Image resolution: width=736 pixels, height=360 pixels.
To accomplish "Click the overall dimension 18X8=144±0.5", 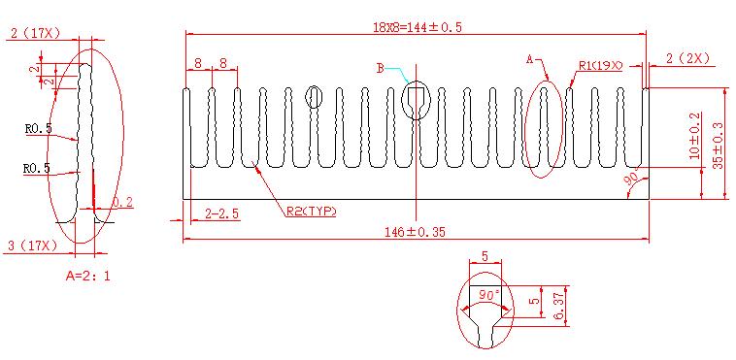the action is [x=418, y=27].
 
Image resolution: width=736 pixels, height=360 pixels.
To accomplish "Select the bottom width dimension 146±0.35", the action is [x=415, y=231].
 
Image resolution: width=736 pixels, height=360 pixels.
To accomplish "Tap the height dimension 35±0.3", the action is [x=719, y=147].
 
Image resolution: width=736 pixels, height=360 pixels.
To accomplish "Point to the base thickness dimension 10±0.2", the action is [x=694, y=136].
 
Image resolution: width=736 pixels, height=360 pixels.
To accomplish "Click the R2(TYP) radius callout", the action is [x=312, y=212].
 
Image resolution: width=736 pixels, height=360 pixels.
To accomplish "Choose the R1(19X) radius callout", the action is [x=600, y=66].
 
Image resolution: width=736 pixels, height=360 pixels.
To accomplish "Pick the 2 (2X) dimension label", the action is [x=687, y=58].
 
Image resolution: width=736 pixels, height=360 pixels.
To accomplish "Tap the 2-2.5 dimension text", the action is [x=222, y=213].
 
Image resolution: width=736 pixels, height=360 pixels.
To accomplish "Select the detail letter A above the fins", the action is [x=529, y=59].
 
